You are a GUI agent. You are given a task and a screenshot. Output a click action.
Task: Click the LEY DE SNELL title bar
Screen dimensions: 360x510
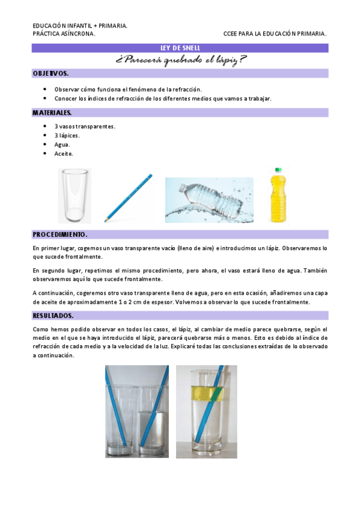[x=180, y=48]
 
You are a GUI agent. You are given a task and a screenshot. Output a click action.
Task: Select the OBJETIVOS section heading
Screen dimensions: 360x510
[x=51, y=73]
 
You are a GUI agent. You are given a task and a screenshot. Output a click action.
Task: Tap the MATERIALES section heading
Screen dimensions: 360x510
[x=53, y=112]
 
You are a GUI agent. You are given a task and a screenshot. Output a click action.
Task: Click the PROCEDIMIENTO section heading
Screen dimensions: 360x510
[x=60, y=235]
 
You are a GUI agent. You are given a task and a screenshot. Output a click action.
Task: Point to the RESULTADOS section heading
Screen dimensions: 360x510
[x=53, y=316]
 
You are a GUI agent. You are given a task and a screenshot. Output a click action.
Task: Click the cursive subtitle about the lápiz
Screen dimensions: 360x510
[x=180, y=60]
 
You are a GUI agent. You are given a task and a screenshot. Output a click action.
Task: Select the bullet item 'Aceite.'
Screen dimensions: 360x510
[x=64, y=154]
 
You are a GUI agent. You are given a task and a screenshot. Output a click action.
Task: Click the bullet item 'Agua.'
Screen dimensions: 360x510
[x=62, y=145]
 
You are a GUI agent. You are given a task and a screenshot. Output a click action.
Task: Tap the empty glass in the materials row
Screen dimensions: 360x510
[x=75, y=196]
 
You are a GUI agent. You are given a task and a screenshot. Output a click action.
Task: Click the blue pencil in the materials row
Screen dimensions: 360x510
[x=128, y=198]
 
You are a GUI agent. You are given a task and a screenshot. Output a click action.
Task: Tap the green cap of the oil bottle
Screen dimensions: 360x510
[x=279, y=171]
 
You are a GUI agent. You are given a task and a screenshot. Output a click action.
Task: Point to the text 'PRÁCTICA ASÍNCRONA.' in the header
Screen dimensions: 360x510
[x=64, y=34]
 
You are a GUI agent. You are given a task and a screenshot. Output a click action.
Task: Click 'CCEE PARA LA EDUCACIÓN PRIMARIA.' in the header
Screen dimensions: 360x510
[x=275, y=34]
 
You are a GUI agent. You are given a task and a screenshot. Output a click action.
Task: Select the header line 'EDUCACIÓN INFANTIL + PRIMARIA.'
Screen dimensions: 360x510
[x=80, y=26]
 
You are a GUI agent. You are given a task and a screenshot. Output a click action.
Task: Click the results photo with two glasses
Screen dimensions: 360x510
[x=137, y=411]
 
